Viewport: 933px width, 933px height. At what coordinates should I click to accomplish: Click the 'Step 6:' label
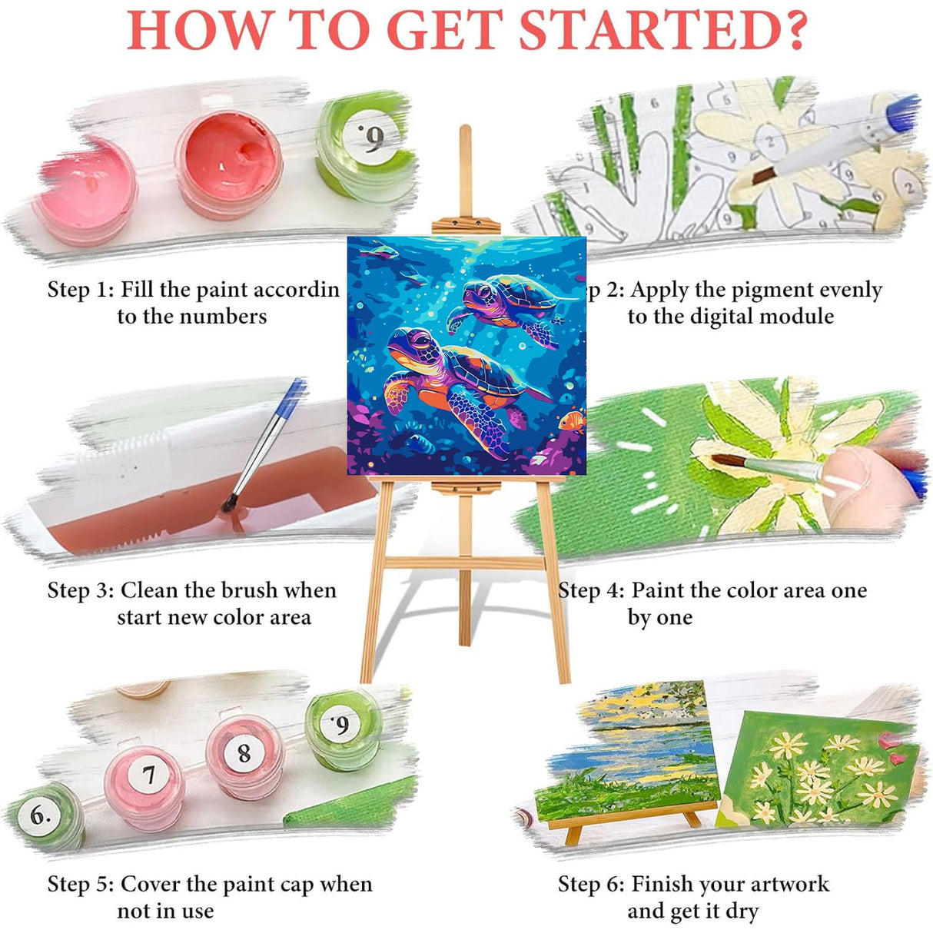591,884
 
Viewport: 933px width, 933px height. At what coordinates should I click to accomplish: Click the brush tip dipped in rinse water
228,505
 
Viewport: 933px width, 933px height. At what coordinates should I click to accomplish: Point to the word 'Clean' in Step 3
151,590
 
